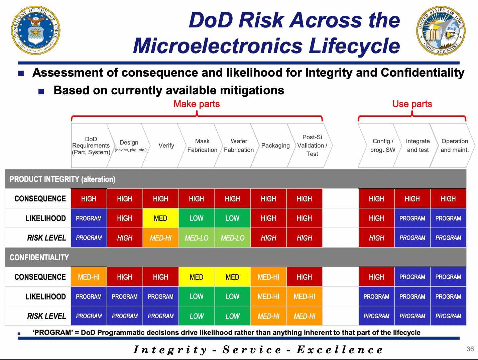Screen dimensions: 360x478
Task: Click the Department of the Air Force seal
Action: click(36, 30)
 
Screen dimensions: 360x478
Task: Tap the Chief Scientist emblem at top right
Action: click(441, 31)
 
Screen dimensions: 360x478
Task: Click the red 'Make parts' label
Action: click(197, 104)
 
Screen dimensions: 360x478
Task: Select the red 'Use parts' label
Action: click(412, 104)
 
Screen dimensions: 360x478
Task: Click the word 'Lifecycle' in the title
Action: click(354, 46)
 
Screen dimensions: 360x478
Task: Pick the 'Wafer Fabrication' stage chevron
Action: click(239, 146)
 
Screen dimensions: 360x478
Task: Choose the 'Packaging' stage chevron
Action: click(275, 146)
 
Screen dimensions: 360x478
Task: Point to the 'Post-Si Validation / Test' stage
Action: click(312, 146)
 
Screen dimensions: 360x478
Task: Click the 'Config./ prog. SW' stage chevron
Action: click(383, 146)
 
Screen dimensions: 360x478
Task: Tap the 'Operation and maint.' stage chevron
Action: click(454, 146)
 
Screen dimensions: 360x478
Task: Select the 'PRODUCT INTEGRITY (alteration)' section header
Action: click(63, 179)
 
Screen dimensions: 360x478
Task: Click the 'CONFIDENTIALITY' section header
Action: click(39, 258)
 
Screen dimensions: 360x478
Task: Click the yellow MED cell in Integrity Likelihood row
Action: click(160, 218)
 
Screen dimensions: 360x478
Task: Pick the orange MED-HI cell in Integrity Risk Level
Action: click(160, 238)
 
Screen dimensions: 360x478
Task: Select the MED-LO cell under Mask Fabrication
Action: click(197, 238)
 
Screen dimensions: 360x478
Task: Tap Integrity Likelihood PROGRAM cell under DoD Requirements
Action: click(89, 218)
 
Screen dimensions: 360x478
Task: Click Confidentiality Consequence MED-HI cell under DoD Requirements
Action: click(89, 277)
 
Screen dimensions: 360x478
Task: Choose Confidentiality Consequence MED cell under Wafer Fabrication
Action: click(232, 277)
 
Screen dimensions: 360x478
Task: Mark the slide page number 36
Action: click(470, 349)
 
